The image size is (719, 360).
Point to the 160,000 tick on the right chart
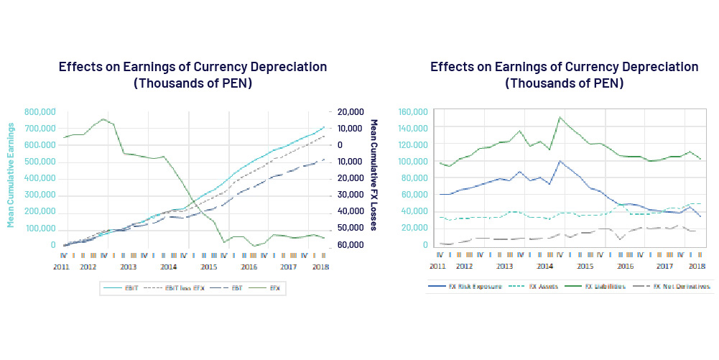pos(414,112)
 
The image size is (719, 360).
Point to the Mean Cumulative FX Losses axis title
pos(374,175)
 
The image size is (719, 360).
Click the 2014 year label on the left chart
pos(168,266)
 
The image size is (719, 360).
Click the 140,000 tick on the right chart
pos(414,128)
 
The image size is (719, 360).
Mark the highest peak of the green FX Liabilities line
pos(560,117)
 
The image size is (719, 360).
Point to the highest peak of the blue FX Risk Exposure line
pos(560,161)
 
